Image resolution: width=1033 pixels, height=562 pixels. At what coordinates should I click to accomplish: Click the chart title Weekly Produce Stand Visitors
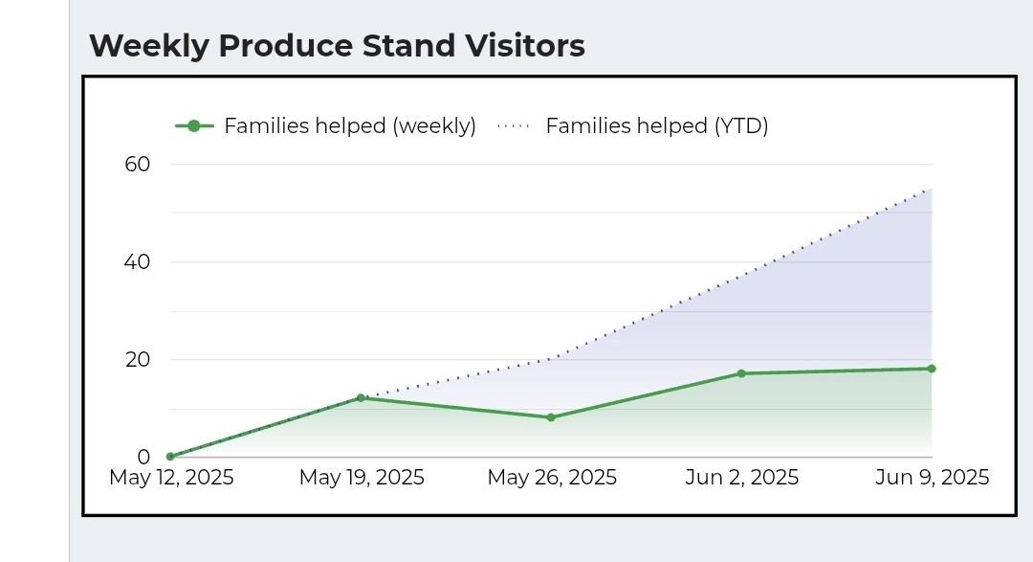(337, 45)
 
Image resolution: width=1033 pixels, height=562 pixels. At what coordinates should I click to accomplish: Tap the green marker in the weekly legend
(194, 125)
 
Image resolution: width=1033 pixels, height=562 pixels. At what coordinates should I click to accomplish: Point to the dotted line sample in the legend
(514, 125)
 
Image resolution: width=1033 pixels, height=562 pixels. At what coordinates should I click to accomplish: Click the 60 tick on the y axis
(138, 164)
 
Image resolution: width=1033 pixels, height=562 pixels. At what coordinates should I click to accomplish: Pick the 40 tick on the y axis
(138, 261)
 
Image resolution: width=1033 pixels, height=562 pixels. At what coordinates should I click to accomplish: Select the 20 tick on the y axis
(138, 360)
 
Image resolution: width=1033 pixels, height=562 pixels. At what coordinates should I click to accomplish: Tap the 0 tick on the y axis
(143, 458)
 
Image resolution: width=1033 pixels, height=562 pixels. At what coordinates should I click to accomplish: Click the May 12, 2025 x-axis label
(171, 477)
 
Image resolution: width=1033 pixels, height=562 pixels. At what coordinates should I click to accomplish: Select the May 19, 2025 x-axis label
(362, 477)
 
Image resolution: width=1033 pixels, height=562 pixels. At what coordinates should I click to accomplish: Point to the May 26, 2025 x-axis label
(552, 477)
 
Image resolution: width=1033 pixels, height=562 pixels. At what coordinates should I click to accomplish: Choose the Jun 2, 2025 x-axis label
(742, 477)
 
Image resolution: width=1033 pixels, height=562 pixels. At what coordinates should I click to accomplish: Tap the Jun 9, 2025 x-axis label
(932, 477)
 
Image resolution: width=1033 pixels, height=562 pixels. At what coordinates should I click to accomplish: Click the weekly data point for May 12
(170, 457)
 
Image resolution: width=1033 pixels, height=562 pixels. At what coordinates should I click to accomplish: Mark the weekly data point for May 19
(361, 397)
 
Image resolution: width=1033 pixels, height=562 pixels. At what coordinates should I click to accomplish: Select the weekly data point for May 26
(551, 417)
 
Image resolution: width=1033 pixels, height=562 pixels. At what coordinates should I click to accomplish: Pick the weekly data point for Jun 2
(741, 373)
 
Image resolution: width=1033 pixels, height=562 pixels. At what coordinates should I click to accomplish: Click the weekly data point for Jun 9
(932, 369)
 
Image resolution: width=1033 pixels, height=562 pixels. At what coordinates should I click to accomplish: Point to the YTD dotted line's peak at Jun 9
(931, 188)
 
